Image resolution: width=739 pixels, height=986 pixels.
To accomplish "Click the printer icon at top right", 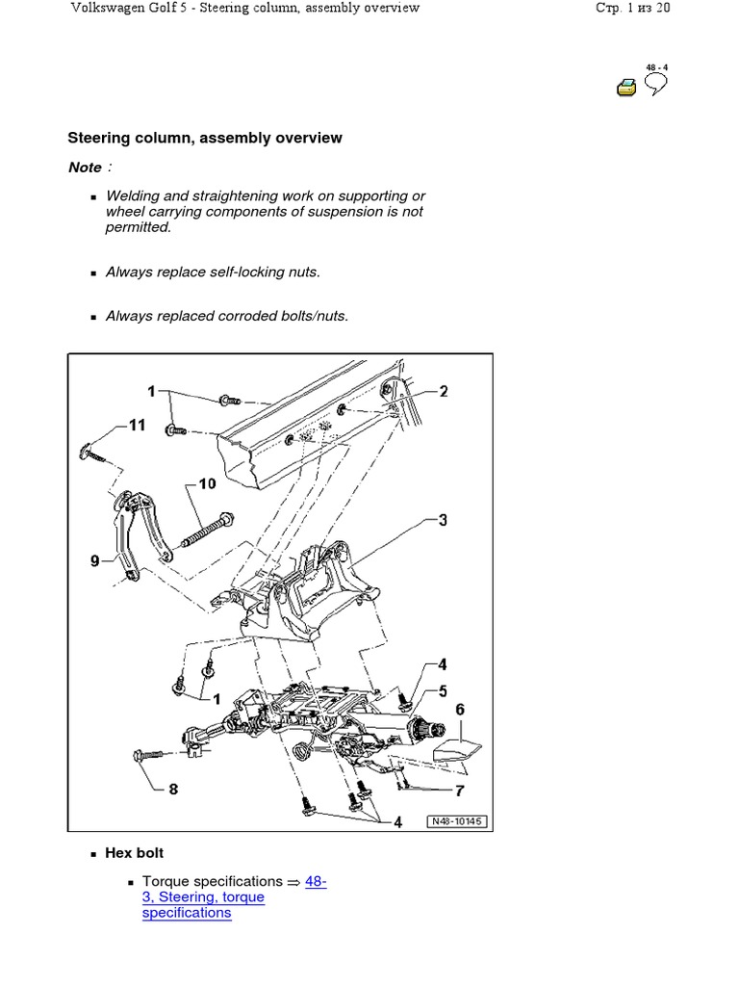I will point(626,88).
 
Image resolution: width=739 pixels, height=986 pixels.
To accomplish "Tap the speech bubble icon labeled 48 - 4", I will point(656,85).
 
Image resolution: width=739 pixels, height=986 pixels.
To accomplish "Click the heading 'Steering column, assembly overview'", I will point(204,138).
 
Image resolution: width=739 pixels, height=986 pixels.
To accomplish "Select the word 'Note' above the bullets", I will point(85,168).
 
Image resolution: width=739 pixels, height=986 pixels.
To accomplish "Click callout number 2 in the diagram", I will point(444,391).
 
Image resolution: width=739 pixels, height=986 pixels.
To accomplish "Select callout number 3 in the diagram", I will point(443,521).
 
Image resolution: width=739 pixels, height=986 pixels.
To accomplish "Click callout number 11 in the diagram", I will point(137,425).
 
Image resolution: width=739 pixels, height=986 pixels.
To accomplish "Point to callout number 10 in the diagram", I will point(208,483).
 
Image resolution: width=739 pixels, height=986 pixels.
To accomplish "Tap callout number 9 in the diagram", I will point(95,560).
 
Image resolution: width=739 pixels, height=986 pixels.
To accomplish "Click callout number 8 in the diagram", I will point(173,790).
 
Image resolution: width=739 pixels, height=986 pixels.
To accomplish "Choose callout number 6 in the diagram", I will point(460,710).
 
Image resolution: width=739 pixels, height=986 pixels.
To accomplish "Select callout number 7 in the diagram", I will point(460,791).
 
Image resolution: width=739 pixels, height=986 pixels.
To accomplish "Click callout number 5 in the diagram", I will point(443,690).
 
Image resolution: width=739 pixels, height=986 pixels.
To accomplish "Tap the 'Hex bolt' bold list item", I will point(135,853).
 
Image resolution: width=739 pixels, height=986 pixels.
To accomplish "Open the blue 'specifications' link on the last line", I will point(187,912).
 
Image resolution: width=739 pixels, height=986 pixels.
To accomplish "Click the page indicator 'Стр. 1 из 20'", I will point(633,8).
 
